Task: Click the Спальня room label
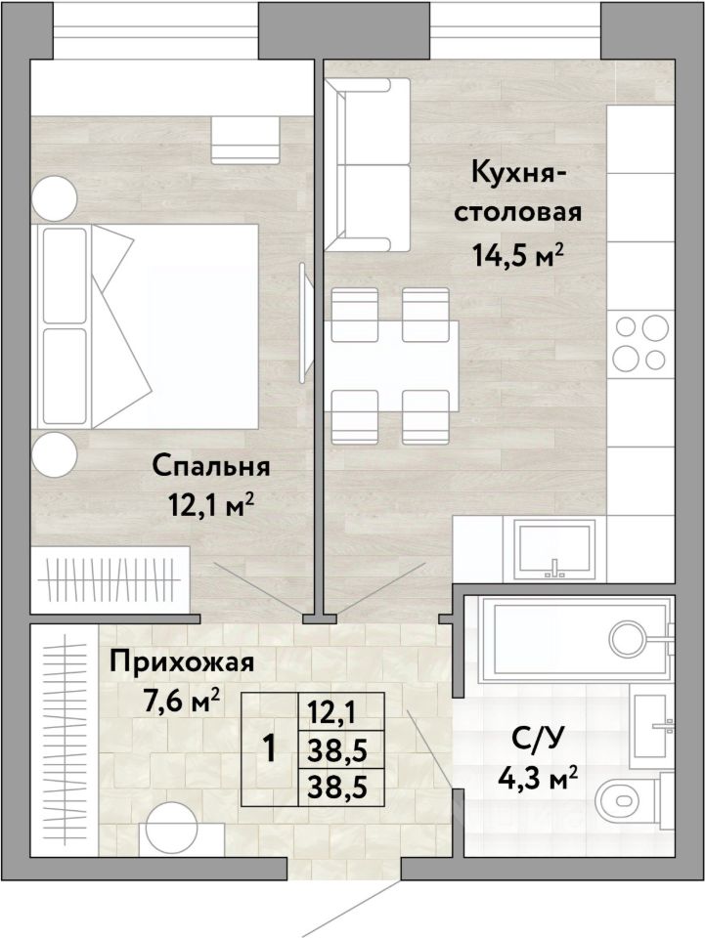coord(210,467)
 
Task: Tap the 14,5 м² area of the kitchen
coord(517,255)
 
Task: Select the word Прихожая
coord(182,661)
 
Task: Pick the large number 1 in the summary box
coord(270,748)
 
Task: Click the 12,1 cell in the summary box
coord(332,712)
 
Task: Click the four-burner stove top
coord(640,343)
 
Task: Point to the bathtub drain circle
coord(628,638)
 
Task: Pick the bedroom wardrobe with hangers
coord(110,579)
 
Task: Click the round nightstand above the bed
coord(55,198)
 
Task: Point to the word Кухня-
coord(518,174)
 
